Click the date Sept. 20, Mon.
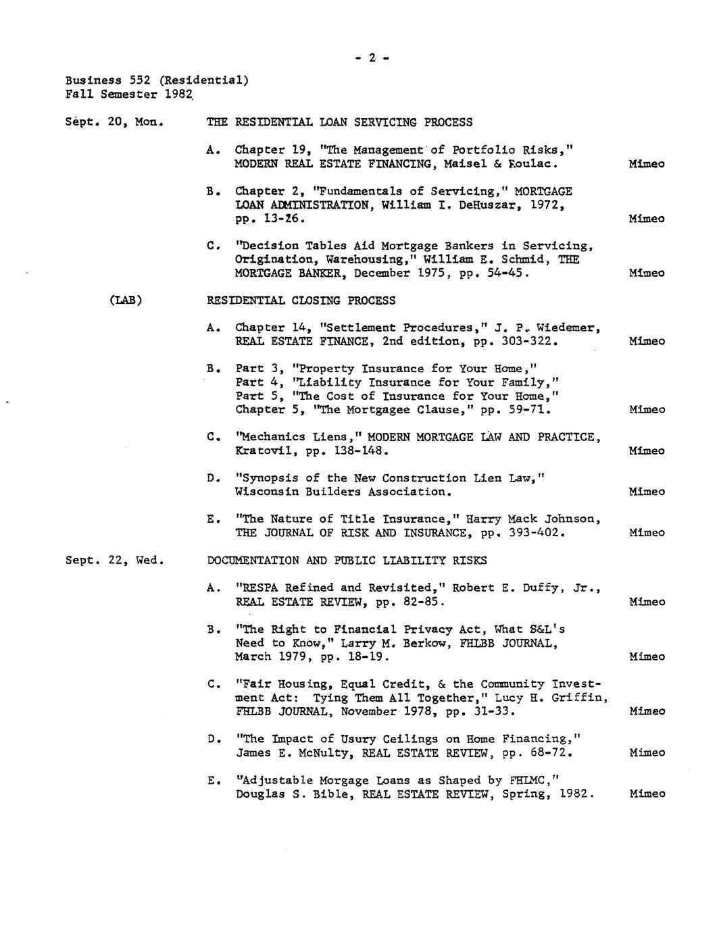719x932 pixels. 115,122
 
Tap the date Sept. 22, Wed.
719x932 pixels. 115,560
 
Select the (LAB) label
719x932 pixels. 126,301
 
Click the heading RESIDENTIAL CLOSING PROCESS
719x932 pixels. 301,301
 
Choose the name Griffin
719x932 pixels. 580,698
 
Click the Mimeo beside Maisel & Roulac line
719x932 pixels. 647,163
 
